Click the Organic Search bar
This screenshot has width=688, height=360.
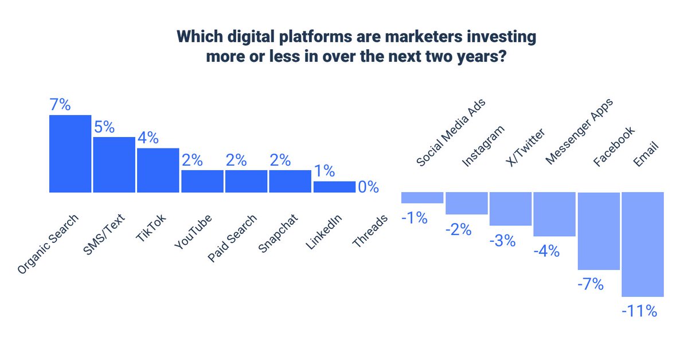(70, 154)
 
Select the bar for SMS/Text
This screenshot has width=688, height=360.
(114, 165)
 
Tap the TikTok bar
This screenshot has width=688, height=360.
(158, 170)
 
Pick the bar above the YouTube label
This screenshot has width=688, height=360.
(202, 181)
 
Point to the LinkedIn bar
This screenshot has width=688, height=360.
(334, 187)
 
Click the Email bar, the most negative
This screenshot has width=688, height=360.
(642, 244)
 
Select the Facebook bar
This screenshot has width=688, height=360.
(599, 231)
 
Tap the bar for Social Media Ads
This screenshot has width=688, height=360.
(422, 198)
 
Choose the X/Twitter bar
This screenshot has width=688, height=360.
(510, 209)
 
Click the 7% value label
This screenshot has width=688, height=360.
(60, 105)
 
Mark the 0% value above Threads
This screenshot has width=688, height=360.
(368, 187)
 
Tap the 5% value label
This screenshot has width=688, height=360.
(104, 127)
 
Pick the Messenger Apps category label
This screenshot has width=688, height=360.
(579, 132)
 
